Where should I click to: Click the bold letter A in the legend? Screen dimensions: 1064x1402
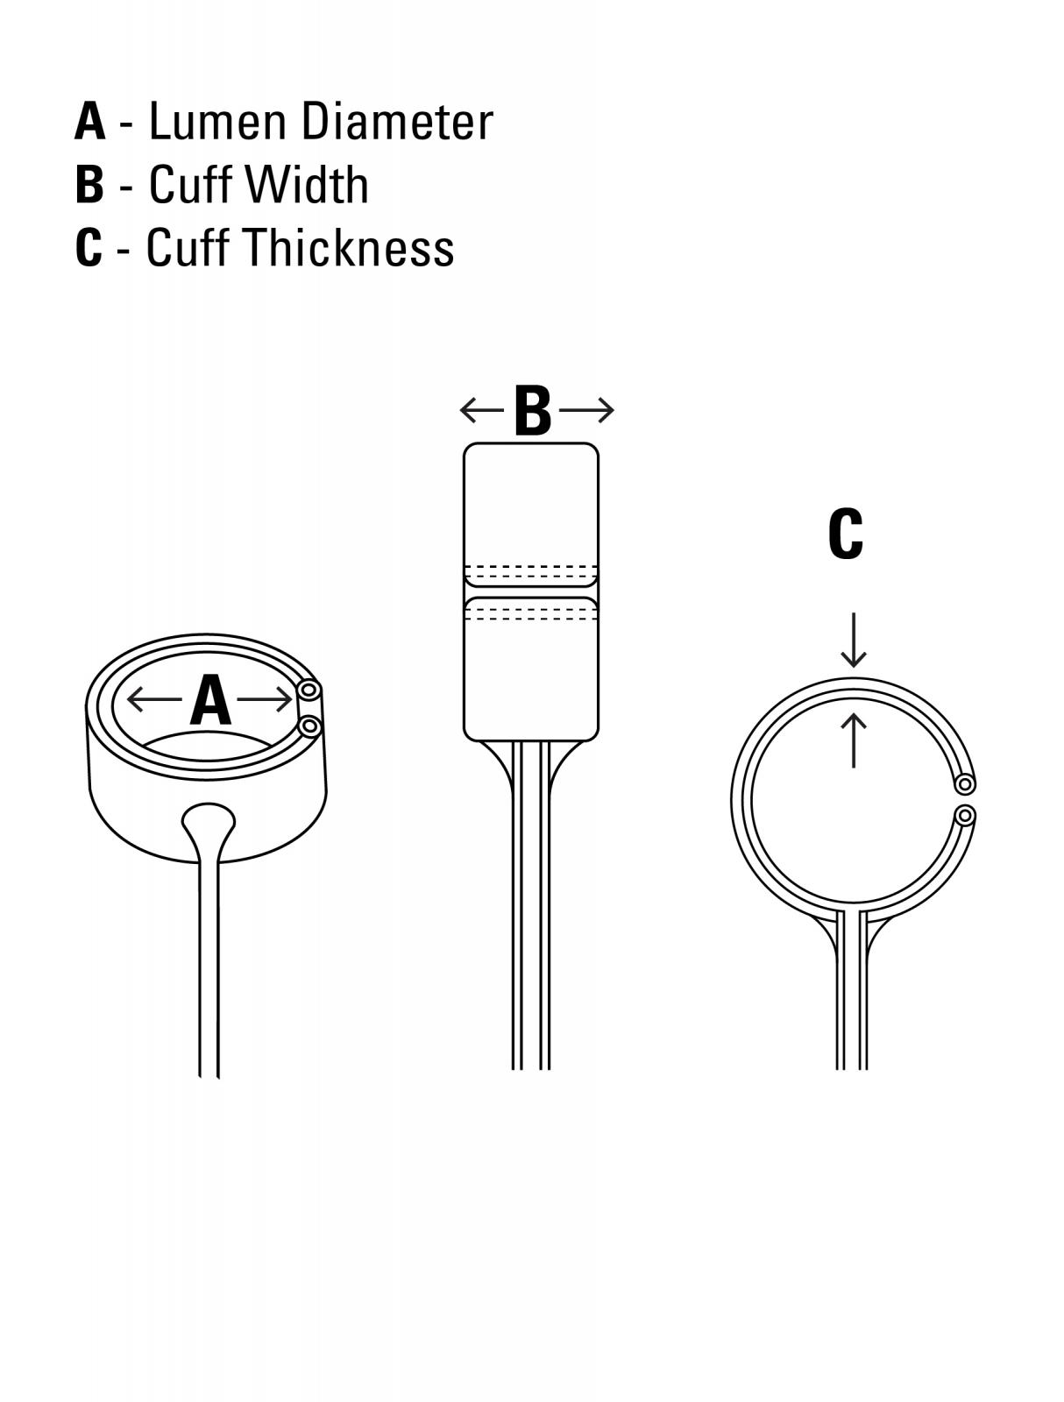89,121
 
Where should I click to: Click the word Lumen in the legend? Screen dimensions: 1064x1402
217,121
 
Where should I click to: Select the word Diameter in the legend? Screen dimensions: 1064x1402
397,121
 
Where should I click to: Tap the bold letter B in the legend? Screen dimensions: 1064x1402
89,184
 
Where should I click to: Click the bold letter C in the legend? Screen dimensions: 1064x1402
89,246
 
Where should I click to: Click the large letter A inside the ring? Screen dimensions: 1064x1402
210,700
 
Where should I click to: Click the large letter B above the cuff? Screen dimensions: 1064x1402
532,410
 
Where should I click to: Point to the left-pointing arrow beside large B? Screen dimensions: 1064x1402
482,410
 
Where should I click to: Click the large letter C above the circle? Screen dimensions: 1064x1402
846,534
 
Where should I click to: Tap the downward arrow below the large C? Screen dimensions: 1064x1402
854,640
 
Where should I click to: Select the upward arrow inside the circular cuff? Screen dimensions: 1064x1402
854,741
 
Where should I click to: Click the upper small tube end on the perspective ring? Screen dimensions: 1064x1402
309,690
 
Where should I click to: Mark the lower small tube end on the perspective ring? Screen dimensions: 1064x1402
309,726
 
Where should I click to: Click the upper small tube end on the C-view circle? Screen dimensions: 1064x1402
964,783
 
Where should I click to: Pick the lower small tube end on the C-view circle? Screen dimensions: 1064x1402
965,816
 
